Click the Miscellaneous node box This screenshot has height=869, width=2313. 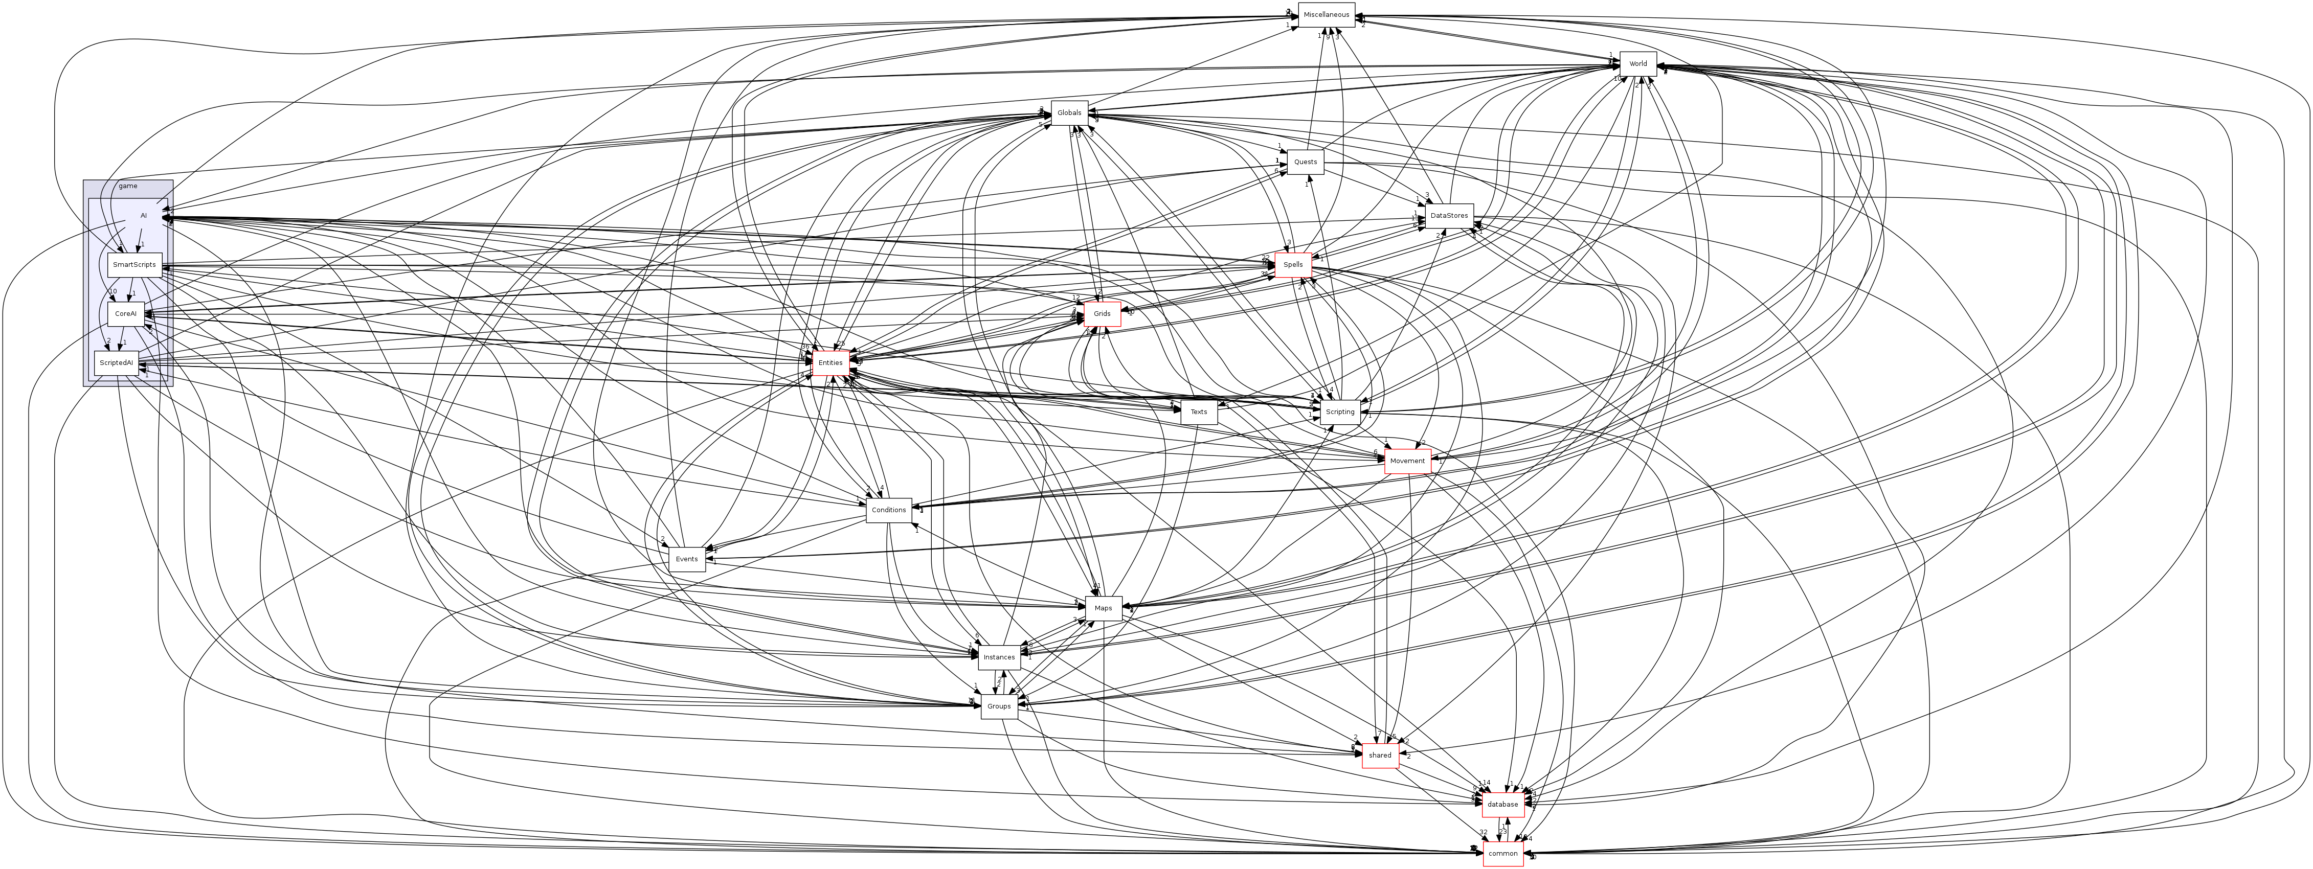point(1326,15)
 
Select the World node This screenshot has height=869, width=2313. point(1638,64)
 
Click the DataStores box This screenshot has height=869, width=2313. point(1448,215)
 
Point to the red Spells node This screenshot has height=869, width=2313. point(1293,265)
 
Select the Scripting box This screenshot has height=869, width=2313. point(1340,412)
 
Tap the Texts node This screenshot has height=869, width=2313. point(1199,412)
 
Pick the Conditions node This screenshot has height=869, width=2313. point(889,510)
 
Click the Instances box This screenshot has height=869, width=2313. point(998,657)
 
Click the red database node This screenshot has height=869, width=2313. point(1502,805)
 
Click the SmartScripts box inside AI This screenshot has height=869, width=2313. point(134,265)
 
